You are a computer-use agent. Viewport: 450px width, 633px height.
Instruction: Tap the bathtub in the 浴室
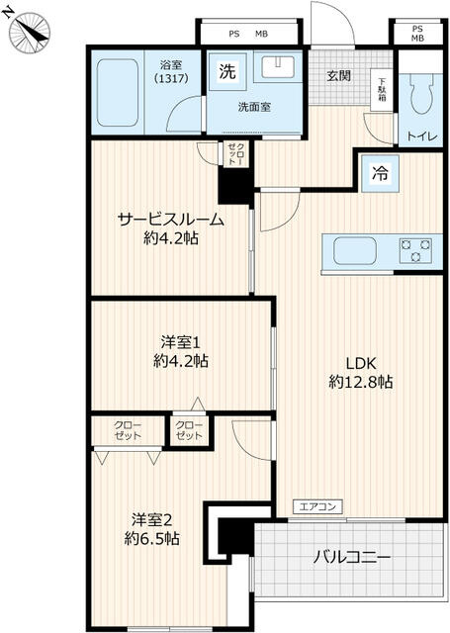(119, 91)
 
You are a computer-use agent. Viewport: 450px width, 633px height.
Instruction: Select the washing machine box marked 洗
(226, 71)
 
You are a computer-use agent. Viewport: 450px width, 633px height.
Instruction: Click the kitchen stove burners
(419, 249)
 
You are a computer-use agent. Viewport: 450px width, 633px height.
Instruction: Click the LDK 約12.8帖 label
(361, 373)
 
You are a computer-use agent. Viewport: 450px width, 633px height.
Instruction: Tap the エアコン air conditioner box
(317, 507)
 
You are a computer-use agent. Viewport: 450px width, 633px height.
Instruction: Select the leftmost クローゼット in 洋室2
(127, 431)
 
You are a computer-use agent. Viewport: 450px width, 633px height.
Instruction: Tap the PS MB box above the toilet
(417, 33)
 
